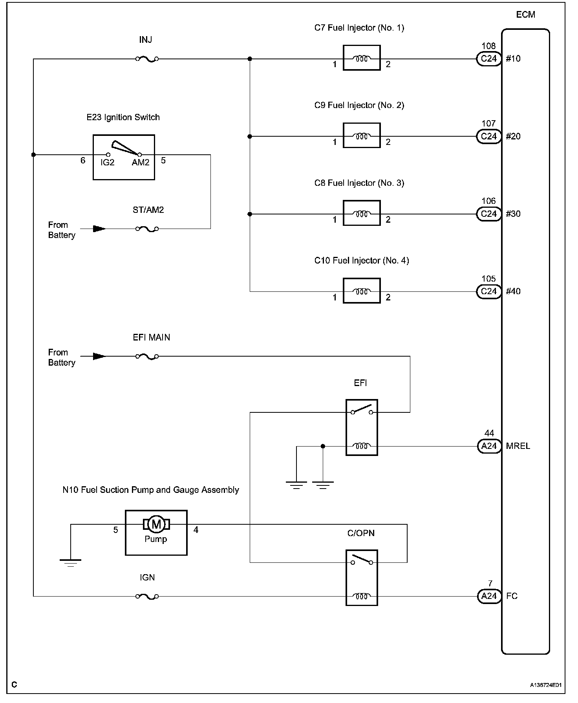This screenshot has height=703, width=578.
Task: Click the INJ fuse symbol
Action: (147, 59)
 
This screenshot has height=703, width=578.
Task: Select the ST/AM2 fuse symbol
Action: (147, 229)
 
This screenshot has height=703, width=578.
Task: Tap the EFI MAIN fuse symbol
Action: (147, 357)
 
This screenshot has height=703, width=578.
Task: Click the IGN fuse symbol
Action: (147, 597)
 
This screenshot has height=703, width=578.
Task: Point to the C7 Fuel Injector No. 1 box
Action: (362, 58)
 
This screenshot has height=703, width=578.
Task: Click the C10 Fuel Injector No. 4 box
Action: (362, 291)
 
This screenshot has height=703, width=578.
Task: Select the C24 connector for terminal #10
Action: (489, 59)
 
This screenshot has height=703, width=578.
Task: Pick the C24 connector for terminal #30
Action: (489, 214)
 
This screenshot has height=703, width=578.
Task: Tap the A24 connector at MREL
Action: (489, 446)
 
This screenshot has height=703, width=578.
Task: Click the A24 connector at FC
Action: (489, 596)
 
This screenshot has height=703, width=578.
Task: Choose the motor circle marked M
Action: (156, 524)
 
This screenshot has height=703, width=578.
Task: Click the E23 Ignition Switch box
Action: (124, 157)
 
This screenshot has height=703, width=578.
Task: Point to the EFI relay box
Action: (362, 428)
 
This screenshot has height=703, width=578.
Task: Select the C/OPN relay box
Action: (362, 578)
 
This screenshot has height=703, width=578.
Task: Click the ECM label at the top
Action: (525, 15)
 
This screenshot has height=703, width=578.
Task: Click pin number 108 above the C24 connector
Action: (489, 46)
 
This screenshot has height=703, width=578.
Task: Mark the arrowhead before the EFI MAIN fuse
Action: (99, 357)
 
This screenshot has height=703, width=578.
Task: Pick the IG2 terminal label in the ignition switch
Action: (107, 163)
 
